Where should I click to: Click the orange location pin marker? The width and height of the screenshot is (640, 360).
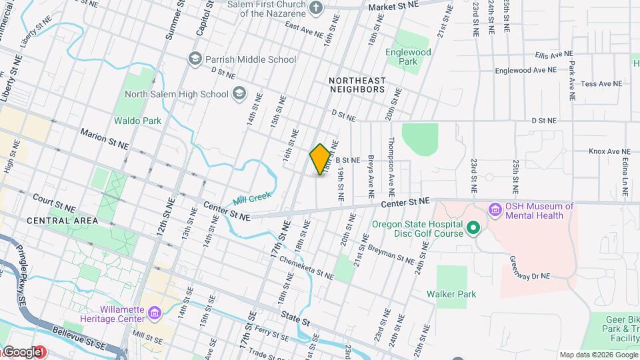coord(320,159)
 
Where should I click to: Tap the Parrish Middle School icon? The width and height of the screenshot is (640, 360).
coord(195,59)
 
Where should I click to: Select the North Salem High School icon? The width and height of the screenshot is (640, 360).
coord(238,94)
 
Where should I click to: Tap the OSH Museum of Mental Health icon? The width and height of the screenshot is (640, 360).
coord(495,211)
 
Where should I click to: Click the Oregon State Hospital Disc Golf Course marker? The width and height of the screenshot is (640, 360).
coord(473,229)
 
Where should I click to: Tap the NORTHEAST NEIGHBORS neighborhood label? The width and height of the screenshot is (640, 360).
coord(357,84)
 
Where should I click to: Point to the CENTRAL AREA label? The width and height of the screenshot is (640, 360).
coord(63,220)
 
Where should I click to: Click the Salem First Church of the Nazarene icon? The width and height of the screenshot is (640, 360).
coord(317,7)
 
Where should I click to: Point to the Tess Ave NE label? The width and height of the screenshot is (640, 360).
coord(601,84)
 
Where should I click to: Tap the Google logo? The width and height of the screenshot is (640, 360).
coord(21,352)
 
